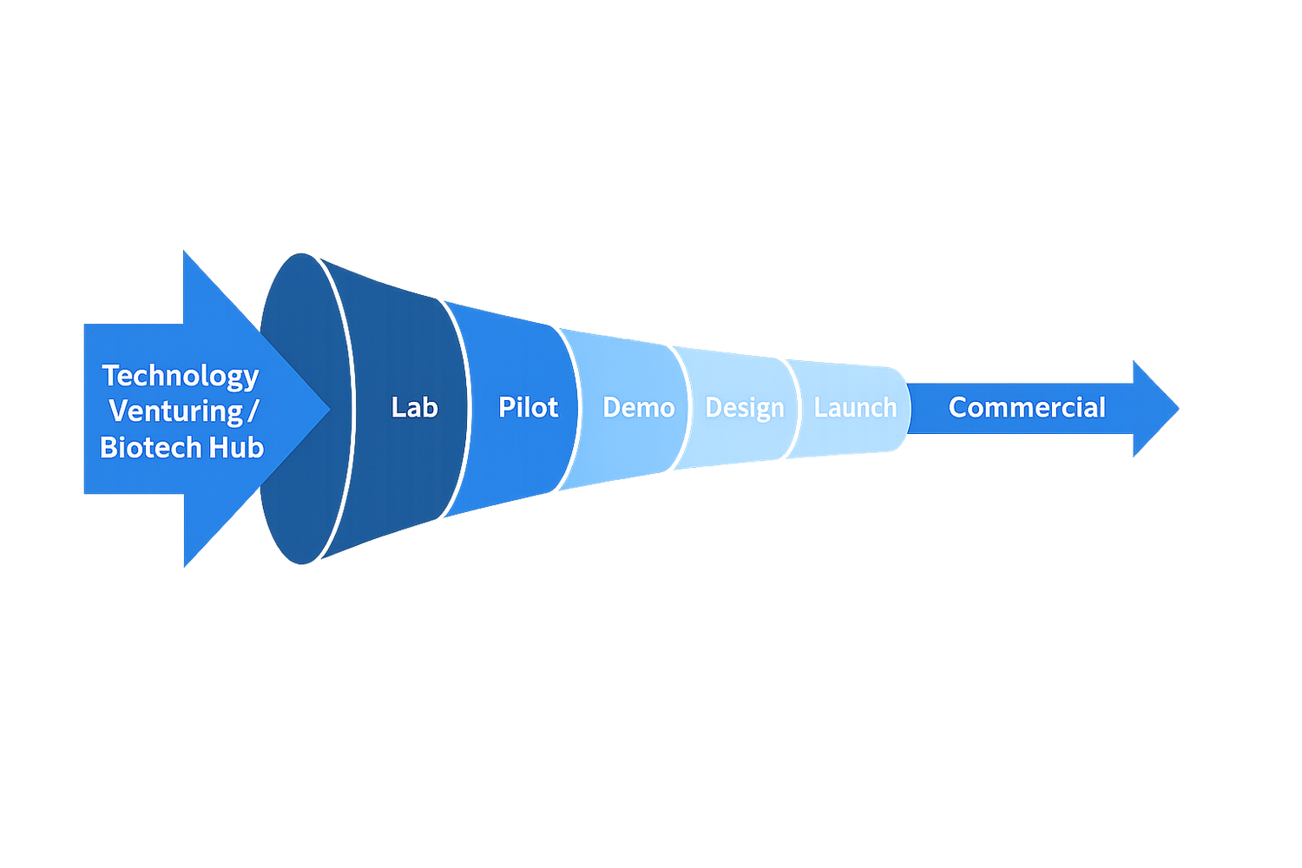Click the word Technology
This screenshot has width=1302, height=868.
click(x=181, y=376)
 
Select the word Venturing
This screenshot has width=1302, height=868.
click(x=175, y=411)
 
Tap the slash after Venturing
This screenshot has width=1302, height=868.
click(x=253, y=411)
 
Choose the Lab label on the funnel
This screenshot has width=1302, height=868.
click(x=414, y=407)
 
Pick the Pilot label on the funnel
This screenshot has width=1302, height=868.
click(x=528, y=407)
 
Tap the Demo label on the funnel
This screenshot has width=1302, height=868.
click(x=638, y=407)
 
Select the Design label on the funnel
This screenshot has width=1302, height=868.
click(x=744, y=408)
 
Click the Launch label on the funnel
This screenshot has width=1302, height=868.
click(x=855, y=407)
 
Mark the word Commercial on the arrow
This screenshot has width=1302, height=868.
click(x=1027, y=407)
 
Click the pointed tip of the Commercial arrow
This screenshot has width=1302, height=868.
click(x=1178, y=408)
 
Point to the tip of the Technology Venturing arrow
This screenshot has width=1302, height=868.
click(x=328, y=409)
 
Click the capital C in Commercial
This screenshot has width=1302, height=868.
click(x=958, y=407)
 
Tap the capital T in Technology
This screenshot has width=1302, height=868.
click(x=111, y=375)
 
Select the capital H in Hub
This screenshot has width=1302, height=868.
click(x=218, y=448)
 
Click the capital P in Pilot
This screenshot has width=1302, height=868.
click(x=507, y=407)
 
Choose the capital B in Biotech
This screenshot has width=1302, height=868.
click(x=108, y=448)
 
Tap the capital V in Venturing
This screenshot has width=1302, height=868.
click(x=120, y=411)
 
